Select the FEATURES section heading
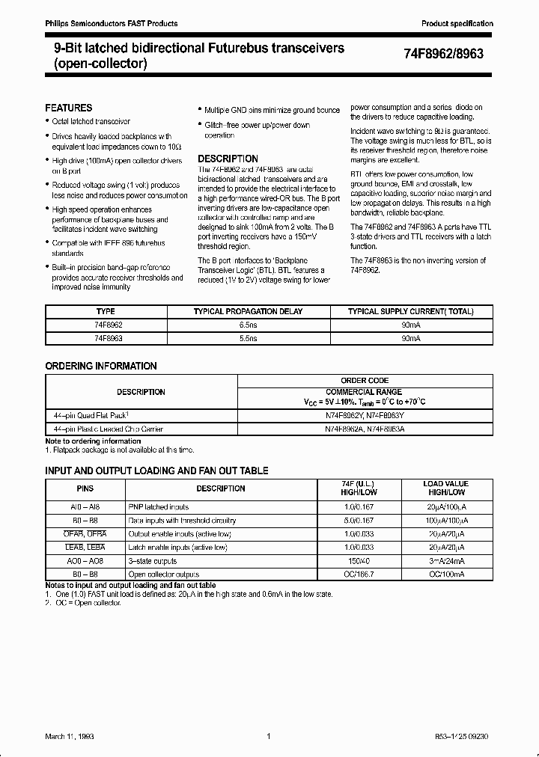pos(69,108)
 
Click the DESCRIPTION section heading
pos(228,159)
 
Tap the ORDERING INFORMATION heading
pos(101,366)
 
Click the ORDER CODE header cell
pos(364,380)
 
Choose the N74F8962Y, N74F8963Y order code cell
pos(364,415)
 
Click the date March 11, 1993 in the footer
pos(69,737)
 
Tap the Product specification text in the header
pos(457,24)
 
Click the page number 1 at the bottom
pos(268,737)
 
